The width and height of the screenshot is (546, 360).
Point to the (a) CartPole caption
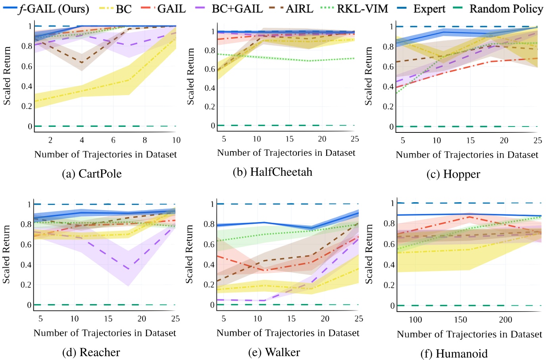[x=92, y=174]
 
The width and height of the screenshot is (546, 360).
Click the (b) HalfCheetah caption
[x=272, y=172]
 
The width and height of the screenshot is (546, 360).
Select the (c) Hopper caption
[x=453, y=174]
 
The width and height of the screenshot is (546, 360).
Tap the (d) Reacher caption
[x=91, y=352]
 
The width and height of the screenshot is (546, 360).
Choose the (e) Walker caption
[x=274, y=352]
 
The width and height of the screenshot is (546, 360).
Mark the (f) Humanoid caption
[x=454, y=353]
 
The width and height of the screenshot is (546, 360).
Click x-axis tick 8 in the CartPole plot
[x=145, y=140]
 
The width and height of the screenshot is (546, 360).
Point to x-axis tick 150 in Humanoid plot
[x=461, y=320]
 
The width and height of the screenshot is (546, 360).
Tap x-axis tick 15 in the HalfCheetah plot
[x=290, y=139]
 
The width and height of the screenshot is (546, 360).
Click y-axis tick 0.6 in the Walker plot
[x=209, y=244]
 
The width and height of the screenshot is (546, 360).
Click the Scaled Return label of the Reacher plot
[x=6, y=254]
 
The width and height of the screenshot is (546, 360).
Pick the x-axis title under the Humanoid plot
[x=469, y=334]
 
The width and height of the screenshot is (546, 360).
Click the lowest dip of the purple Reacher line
[x=128, y=270]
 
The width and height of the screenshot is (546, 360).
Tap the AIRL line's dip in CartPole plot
[x=82, y=63]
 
